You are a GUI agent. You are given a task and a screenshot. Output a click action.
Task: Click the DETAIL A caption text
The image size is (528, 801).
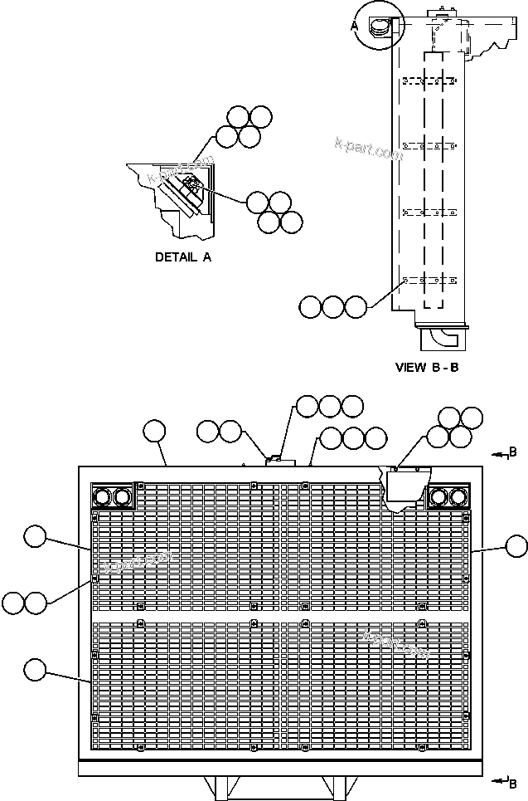click(183, 257)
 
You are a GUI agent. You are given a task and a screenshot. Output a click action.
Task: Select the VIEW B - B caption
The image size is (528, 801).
click(427, 367)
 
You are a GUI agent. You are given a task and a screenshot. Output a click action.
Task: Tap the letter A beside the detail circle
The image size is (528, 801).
click(355, 26)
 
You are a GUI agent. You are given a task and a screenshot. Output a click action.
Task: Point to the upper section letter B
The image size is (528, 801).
click(513, 452)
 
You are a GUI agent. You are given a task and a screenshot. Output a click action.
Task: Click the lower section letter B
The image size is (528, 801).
click(513, 783)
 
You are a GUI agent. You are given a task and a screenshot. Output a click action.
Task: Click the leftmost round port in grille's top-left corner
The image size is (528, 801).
click(104, 496)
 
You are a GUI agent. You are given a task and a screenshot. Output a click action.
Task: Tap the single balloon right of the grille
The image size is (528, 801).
click(516, 546)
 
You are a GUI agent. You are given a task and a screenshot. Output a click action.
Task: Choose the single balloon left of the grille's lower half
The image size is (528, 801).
click(35, 669)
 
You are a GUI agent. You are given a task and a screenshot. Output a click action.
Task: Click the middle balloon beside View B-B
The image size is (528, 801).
click(333, 306)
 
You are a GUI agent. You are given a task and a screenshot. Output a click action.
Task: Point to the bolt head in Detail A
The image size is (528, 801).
click(190, 185)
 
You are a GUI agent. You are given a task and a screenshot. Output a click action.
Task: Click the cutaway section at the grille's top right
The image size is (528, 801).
click(401, 490)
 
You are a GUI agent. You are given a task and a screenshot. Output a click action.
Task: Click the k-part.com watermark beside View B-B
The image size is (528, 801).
click(369, 150)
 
